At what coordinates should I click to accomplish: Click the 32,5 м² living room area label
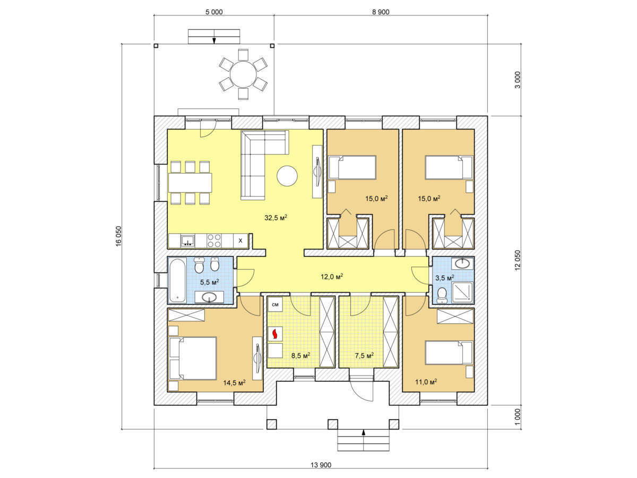(276, 217)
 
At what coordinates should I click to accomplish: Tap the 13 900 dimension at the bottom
(321, 465)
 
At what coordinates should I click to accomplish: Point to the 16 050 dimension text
(118, 236)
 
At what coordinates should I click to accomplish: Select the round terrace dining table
(243, 74)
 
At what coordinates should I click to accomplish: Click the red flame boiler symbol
(275, 334)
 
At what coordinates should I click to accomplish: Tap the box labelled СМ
(275, 304)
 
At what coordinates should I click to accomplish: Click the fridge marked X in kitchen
(240, 241)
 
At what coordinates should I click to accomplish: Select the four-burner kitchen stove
(214, 241)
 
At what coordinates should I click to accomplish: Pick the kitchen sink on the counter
(188, 241)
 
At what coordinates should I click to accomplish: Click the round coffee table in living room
(287, 176)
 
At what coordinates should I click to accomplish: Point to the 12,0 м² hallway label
(332, 276)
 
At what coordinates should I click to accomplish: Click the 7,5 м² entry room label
(364, 355)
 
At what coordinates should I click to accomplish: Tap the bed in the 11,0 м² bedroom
(449, 353)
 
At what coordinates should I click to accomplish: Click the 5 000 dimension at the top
(214, 12)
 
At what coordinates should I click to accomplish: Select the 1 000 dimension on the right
(518, 417)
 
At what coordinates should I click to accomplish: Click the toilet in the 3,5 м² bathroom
(442, 293)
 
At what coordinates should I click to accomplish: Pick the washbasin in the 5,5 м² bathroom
(209, 297)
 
